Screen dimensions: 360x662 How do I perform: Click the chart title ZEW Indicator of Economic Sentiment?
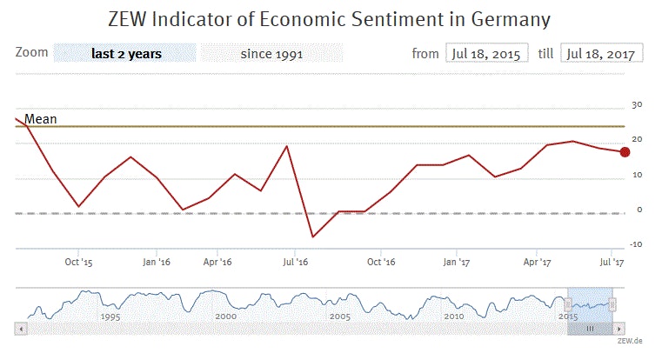pyautogui.click(x=330, y=17)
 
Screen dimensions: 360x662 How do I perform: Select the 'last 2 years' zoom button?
pyautogui.click(x=125, y=54)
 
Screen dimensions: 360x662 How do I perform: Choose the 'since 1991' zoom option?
pyautogui.click(x=271, y=54)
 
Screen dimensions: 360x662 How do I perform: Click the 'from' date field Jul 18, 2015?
pyautogui.click(x=486, y=54)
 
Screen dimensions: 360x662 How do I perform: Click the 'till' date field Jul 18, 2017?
pyautogui.click(x=602, y=54)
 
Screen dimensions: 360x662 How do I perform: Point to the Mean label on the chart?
pyautogui.click(x=40, y=118)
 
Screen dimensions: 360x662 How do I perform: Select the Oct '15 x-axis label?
pyautogui.click(x=78, y=261)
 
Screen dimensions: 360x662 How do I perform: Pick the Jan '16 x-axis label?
pyautogui.click(x=157, y=261)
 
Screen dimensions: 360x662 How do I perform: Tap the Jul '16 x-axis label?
pyautogui.click(x=296, y=261)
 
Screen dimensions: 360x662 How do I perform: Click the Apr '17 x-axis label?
pyautogui.click(x=538, y=261)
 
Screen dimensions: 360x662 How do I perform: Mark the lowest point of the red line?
pyautogui.click(x=312, y=237)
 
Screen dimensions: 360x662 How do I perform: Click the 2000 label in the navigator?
pyautogui.click(x=225, y=317)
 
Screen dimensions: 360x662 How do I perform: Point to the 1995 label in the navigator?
pyautogui.click(x=110, y=317)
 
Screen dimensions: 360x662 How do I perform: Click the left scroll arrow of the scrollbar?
pyautogui.click(x=21, y=329)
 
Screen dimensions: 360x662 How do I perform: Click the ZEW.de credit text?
pyautogui.click(x=630, y=341)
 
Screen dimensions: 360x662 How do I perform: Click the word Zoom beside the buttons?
pyautogui.click(x=31, y=53)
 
